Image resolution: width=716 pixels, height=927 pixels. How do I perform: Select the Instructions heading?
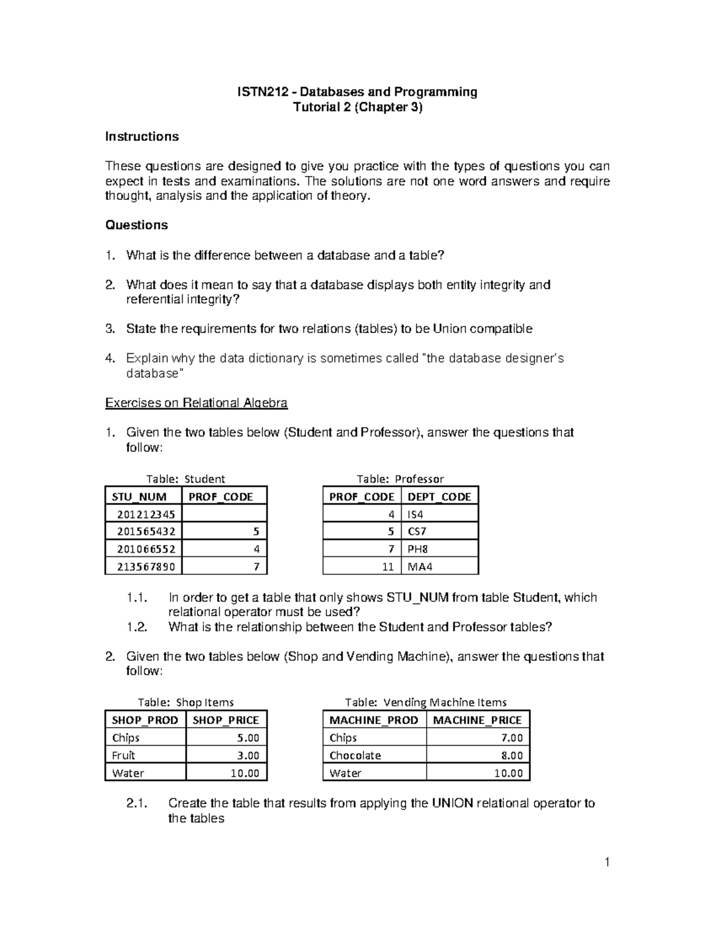141,137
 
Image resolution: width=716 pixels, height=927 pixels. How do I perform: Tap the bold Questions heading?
136,225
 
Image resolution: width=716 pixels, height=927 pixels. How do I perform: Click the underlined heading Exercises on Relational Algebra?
196,403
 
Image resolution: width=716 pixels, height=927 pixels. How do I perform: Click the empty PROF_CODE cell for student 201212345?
224,514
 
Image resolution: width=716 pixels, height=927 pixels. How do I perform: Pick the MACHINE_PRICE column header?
477,720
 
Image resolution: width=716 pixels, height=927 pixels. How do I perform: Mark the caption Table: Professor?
400,479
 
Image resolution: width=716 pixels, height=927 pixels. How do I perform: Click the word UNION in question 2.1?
452,803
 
